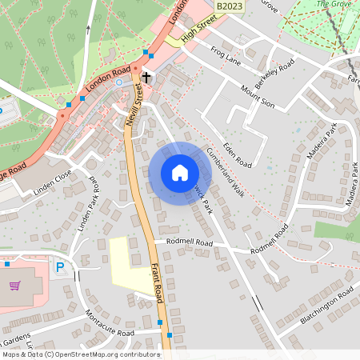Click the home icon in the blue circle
(179, 172)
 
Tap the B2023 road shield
(230, 6)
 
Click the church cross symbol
(146, 78)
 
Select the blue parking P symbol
(59, 267)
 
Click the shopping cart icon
(14, 285)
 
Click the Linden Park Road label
(85, 205)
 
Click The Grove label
(334, 4)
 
